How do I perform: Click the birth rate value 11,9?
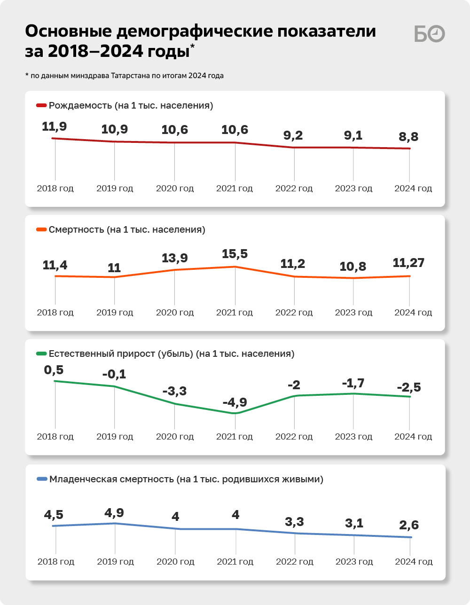pyautogui.click(x=55, y=126)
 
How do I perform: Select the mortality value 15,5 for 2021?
pyautogui.click(x=235, y=254)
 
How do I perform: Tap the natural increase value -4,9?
pyautogui.click(x=235, y=402)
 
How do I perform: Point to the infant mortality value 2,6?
pyautogui.click(x=409, y=525)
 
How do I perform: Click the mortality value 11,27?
pyautogui.click(x=408, y=263)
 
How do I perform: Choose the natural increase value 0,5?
pyautogui.click(x=54, y=370)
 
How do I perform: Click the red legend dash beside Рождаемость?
pyautogui.click(x=41, y=106)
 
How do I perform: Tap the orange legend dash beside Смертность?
pyautogui.click(x=41, y=230)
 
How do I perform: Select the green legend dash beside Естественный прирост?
pyautogui.click(x=41, y=354)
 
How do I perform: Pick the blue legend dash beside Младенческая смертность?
pyautogui.click(x=42, y=479)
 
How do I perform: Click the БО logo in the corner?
pyautogui.click(x=429, y=34)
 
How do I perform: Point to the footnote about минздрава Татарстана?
pyautogui.click(x=125, y=76)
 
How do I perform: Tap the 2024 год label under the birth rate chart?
pyautogui.click(x=413, y=189)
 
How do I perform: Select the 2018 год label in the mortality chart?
pyautogui.click(x=55, y=313)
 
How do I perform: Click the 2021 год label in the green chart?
pyautogui.click(x=235, y=437)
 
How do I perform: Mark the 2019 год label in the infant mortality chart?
pyautogui.click(x=115, y=562)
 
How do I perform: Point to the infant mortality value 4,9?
pyautogui.click(x=114, y=513)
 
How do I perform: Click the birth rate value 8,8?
pyautogui.click(x=408, y=137)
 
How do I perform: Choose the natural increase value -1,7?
pyautogui.click(x=353, y=384)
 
